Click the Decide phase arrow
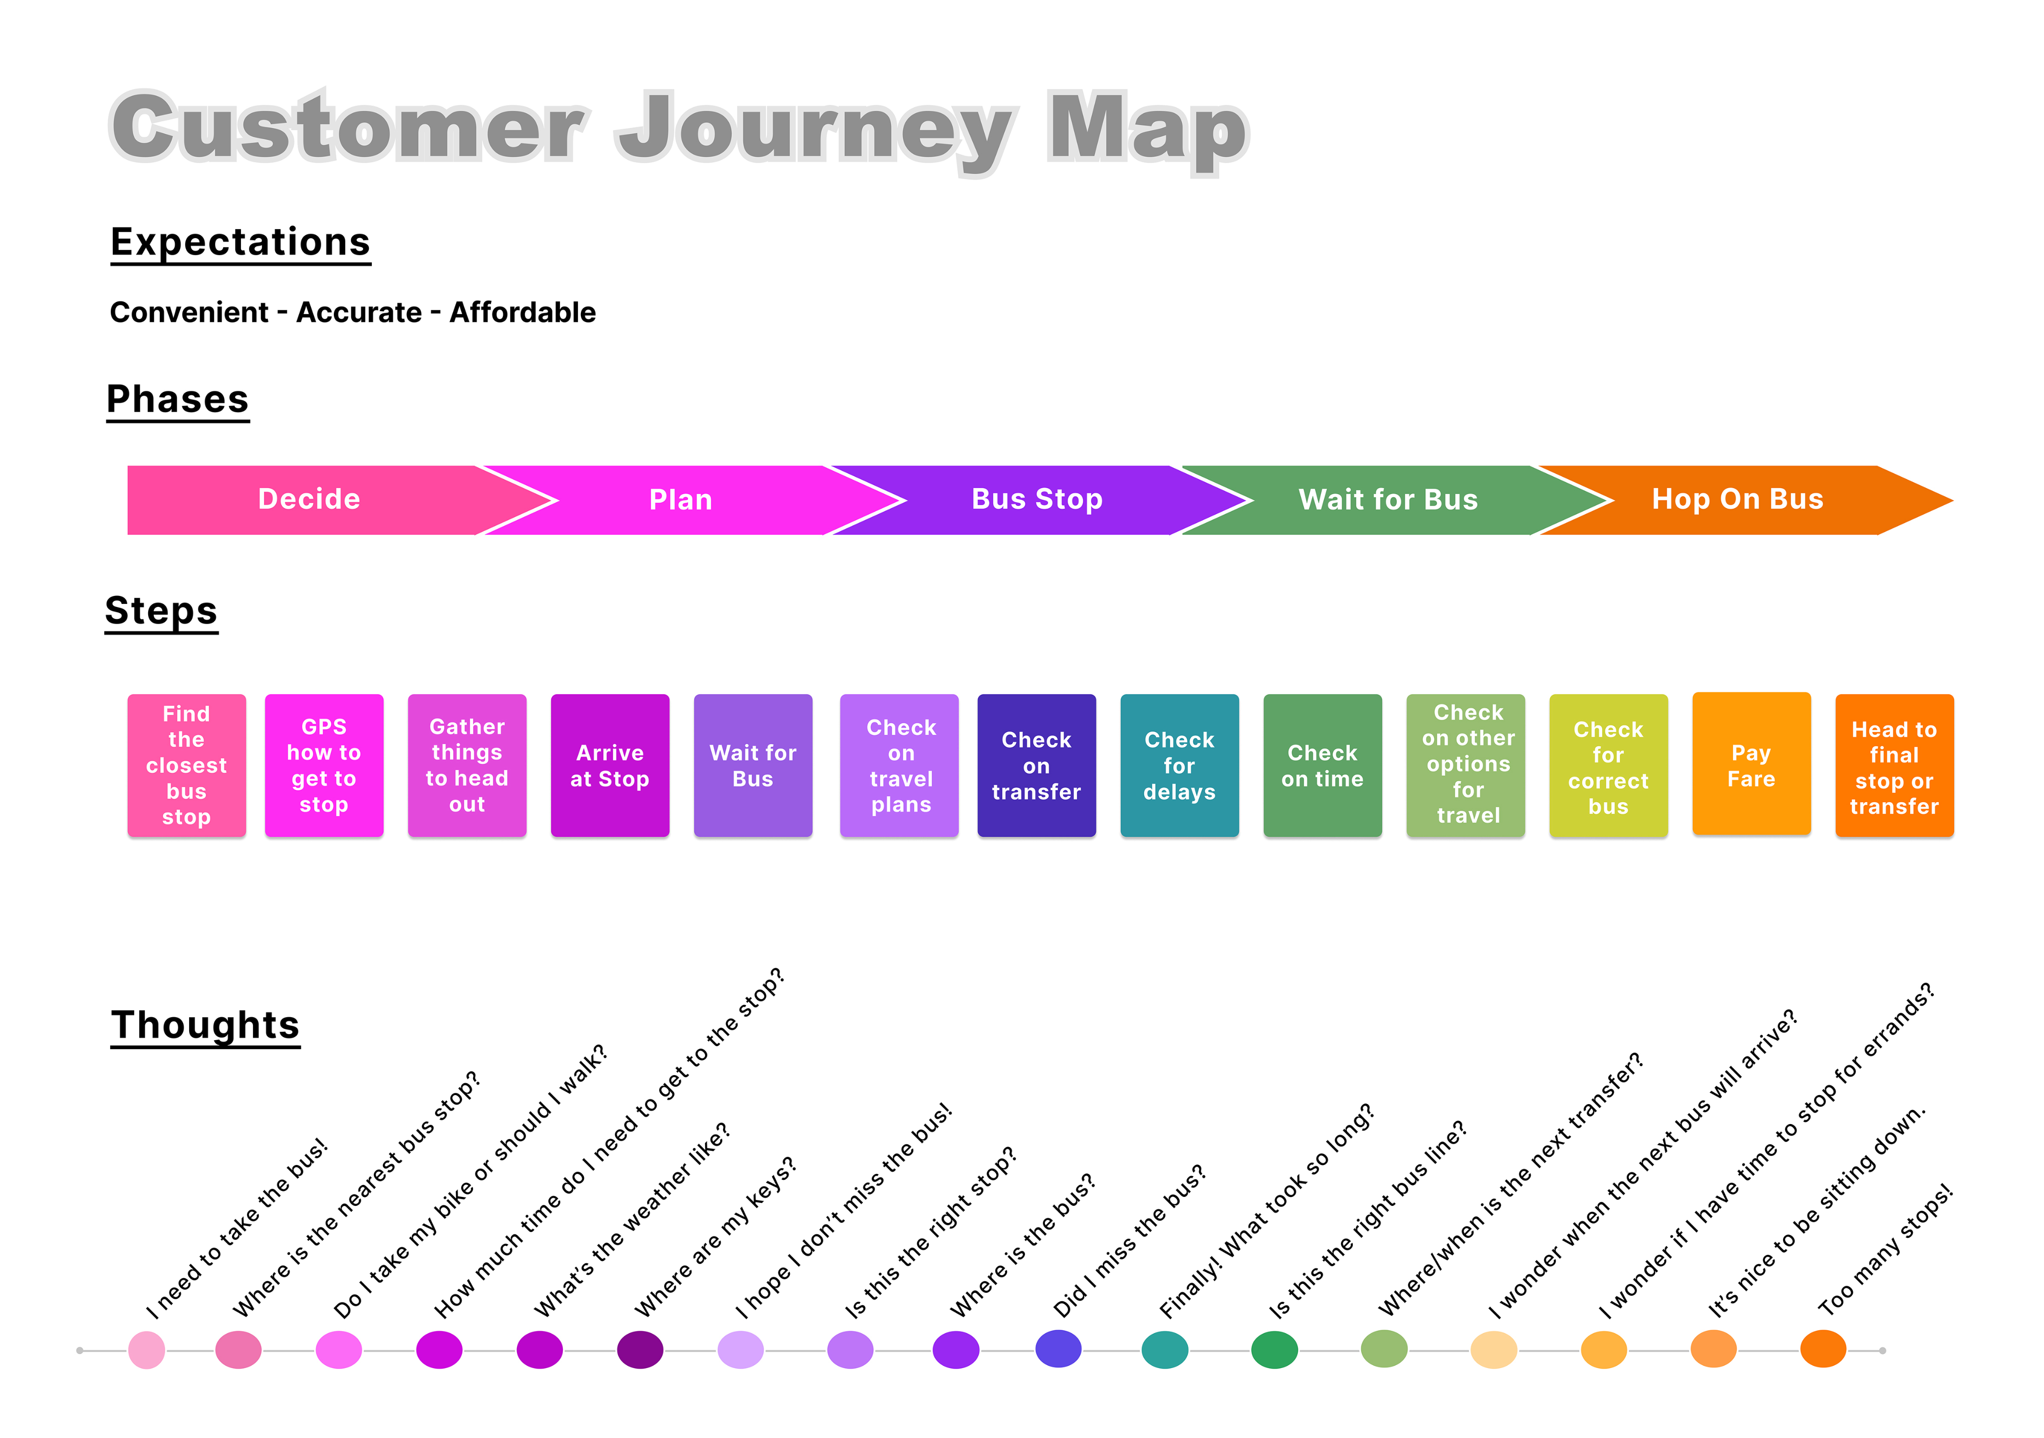coord(309,500)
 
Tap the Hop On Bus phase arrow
coord(1737,500)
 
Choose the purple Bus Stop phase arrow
coord(1036,500)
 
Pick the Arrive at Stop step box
coord(610,765)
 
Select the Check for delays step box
coord(1179,765)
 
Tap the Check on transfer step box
coord(1036,765)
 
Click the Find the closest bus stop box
coord(186,765)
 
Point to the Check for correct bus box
coord(1608,765)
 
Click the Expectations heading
coord(241,242)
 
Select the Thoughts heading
coord(205,1025)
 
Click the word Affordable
coord(522,312)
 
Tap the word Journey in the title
coord(814,129)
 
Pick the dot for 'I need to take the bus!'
coord(147,1350)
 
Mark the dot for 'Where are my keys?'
coord(640,1350)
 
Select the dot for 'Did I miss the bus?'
coord(1058,1349)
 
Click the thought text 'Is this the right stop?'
coord(930,1233)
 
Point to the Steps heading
coord(161,611)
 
